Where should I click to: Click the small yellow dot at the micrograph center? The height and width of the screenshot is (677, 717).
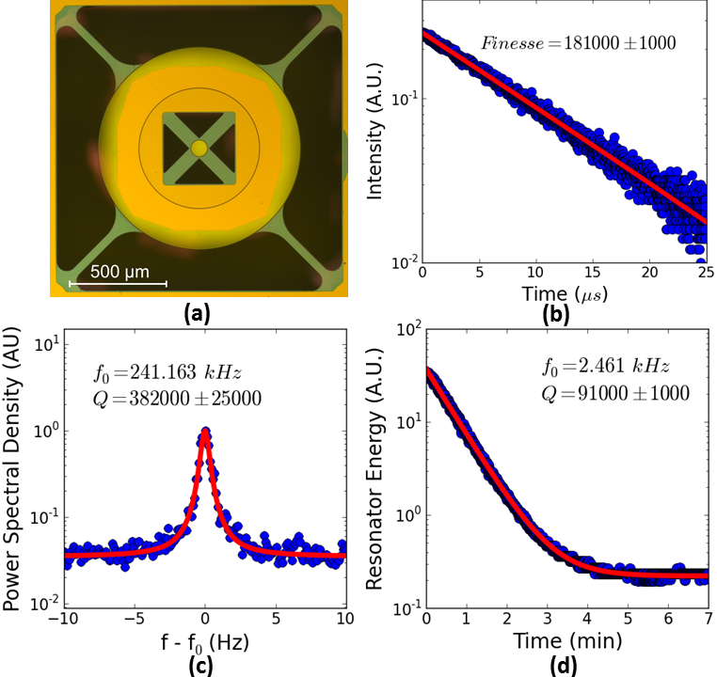(x=199, y=149)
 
